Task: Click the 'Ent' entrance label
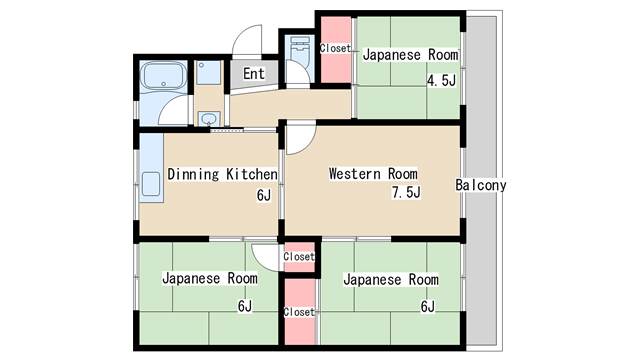(253, 74)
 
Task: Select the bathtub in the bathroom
(163, 75)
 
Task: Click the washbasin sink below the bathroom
(209, 119)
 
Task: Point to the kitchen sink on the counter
(151, 184)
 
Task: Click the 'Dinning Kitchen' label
(222, 174)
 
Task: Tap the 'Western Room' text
(373, 174)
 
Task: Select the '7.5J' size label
(406, 192)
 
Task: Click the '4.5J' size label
(441, 80)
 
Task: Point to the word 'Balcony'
(481, 185)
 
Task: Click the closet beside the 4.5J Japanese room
(336, 49)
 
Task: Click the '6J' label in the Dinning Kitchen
(264, 196)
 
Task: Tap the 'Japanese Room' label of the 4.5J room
(410, 55)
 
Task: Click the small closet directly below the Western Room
(299, 257)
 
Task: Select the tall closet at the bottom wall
(300, 312)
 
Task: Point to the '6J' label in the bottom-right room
(427, 306)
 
